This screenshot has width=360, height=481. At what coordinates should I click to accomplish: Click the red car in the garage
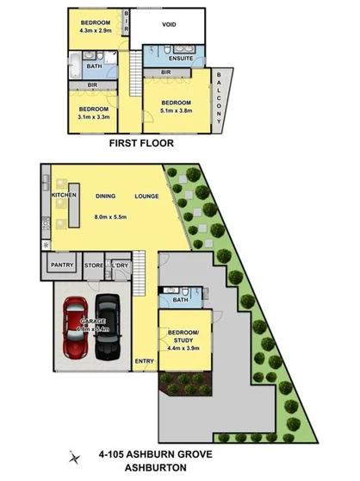click(77, 328)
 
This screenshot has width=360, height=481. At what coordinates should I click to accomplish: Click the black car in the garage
click(108, 327)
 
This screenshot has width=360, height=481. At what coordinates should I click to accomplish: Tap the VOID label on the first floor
click(169, 25)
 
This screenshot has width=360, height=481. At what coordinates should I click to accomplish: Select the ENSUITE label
click(179, 59)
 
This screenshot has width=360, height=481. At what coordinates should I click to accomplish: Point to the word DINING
click(108, 196)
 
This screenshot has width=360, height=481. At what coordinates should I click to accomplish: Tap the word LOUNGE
click(146, 196)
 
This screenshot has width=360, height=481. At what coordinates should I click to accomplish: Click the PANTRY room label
click(61, 265)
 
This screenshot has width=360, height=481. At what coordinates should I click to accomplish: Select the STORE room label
click(94, 265)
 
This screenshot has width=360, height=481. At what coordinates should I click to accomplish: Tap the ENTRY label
click(144, 360)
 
